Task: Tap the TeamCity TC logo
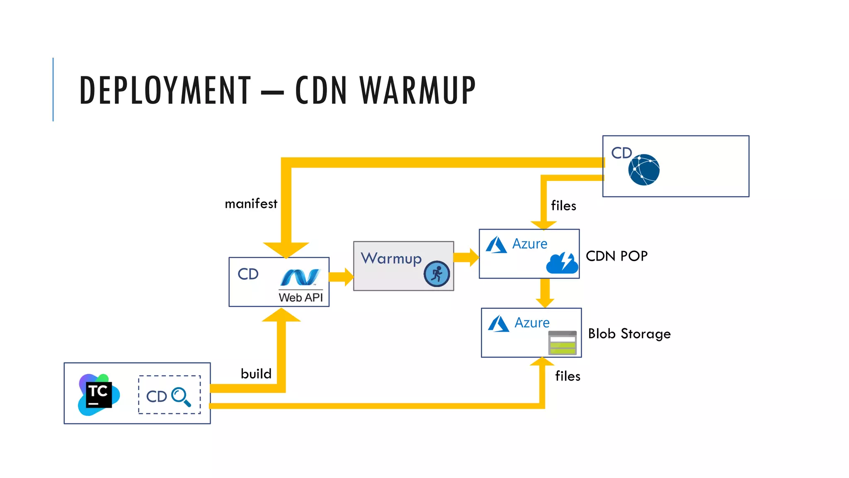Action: tap(99, 395)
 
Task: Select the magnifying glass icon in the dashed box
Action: tap(181, 397)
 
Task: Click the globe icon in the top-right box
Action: tap(644, 170)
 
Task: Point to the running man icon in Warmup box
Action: tap(437, 274)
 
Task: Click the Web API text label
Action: tap(301, 298)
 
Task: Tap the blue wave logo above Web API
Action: tap(300, 277)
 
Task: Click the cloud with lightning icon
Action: tap(562, 263)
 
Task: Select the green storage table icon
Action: tap(562, 343)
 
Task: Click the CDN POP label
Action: tap(616, 256)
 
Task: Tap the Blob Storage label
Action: tap(629, 334)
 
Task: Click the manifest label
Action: tap(251, 204)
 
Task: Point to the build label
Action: tap(256, 374)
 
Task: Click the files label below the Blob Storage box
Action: tap(568, 376)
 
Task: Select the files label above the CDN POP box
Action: tap(563, 206)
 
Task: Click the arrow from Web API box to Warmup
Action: tap(341, 277)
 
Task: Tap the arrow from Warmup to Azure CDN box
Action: tap(466, 257)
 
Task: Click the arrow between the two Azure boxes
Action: tap(545, 293)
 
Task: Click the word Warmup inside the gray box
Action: tap(391, 259)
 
